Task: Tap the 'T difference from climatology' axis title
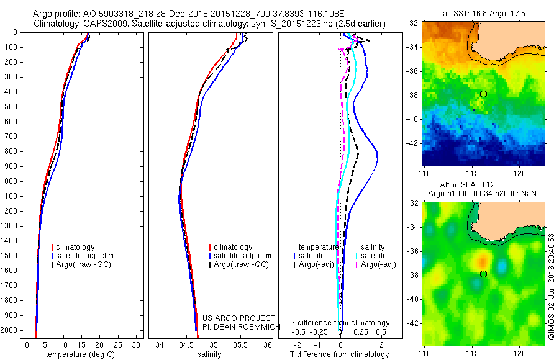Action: coord(339,354)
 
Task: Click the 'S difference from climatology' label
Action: coord(340,323)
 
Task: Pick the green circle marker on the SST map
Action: coord(483,94)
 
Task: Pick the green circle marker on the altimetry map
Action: coord(483,274)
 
